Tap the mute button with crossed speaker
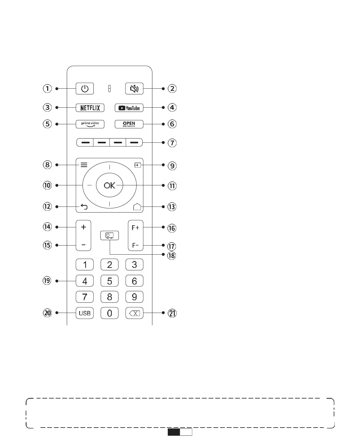(134, 89)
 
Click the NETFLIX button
(90, 108)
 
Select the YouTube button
(129, 108)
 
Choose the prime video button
(90, 124)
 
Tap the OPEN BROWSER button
(129, 124)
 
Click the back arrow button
(84, 207)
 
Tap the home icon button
(137, 207)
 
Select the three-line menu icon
(84, 165)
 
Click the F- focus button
(135, 245)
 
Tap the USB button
(85, 313)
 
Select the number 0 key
(109, 313)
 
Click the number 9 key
(134, 297)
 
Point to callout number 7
(172, 143)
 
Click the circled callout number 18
(171, 256)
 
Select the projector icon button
(109, 236)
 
